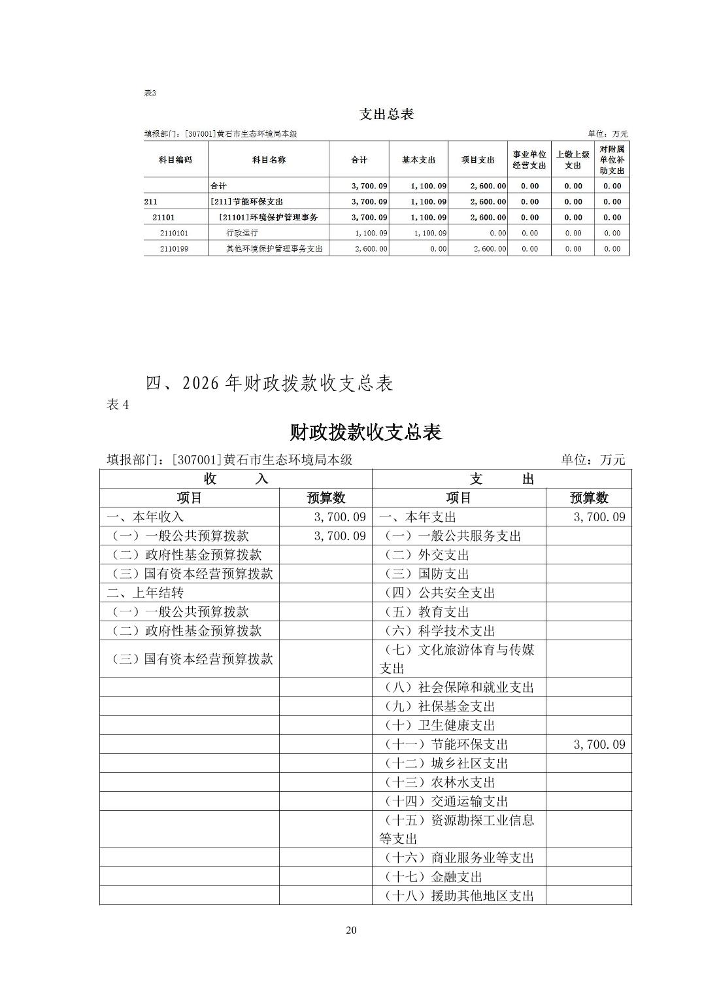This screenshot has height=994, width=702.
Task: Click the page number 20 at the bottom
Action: [351, 931]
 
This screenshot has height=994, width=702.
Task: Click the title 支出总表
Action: [386, 114]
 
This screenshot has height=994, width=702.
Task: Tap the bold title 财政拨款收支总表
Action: [365, 432]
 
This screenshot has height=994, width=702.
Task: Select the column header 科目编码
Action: [176, 160]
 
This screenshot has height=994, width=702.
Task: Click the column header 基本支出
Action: [418, 160]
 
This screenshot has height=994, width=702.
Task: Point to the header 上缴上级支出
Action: [573, 160]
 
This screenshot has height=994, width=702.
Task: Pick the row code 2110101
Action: [174, 233]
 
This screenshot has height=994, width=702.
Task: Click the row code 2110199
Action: [174, 248]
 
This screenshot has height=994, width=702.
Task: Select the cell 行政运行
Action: [242, 233]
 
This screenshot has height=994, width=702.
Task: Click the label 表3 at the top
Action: [150, 93]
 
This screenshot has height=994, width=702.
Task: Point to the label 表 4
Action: [118, 405]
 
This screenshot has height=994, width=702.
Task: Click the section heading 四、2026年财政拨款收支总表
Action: [269, 383]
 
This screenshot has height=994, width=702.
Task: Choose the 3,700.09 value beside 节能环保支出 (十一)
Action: [599, 744]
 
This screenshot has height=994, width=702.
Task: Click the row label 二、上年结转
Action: [145, 593]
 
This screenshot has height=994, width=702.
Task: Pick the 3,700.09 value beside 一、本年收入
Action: [339, 517]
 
